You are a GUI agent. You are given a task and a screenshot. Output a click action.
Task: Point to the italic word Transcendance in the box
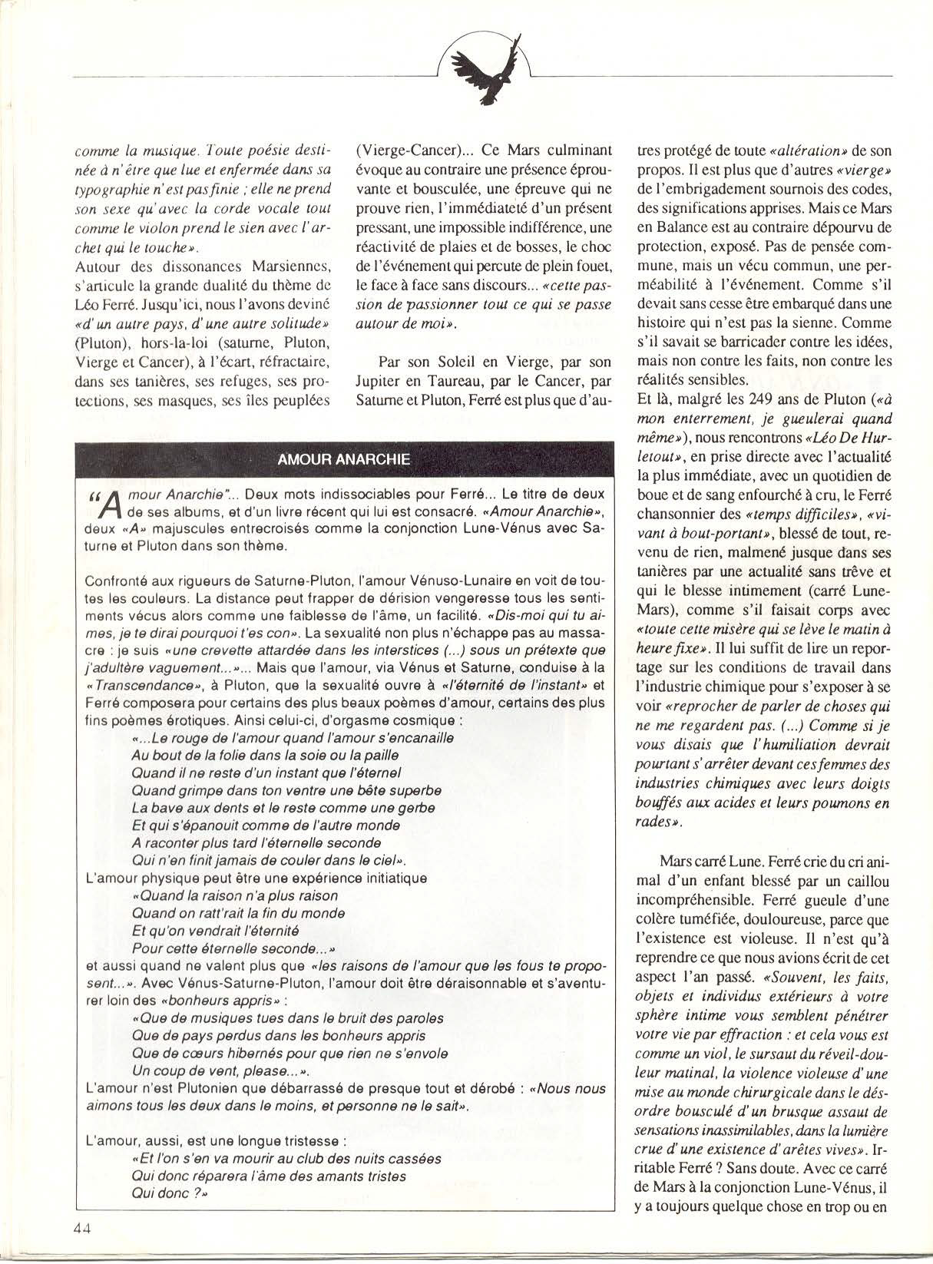tap(142, 686)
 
